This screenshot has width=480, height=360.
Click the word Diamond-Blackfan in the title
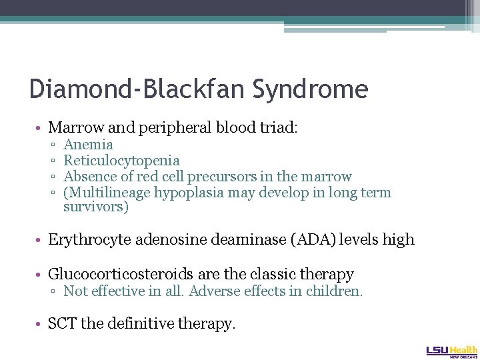(x=133, y=89)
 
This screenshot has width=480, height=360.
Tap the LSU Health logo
(x=451, y=350)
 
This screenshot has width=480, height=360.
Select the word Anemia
(x=88, y=145)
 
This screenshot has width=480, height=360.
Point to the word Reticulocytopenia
(x=121, y=161)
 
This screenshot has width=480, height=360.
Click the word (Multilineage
(x=107, y=193)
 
